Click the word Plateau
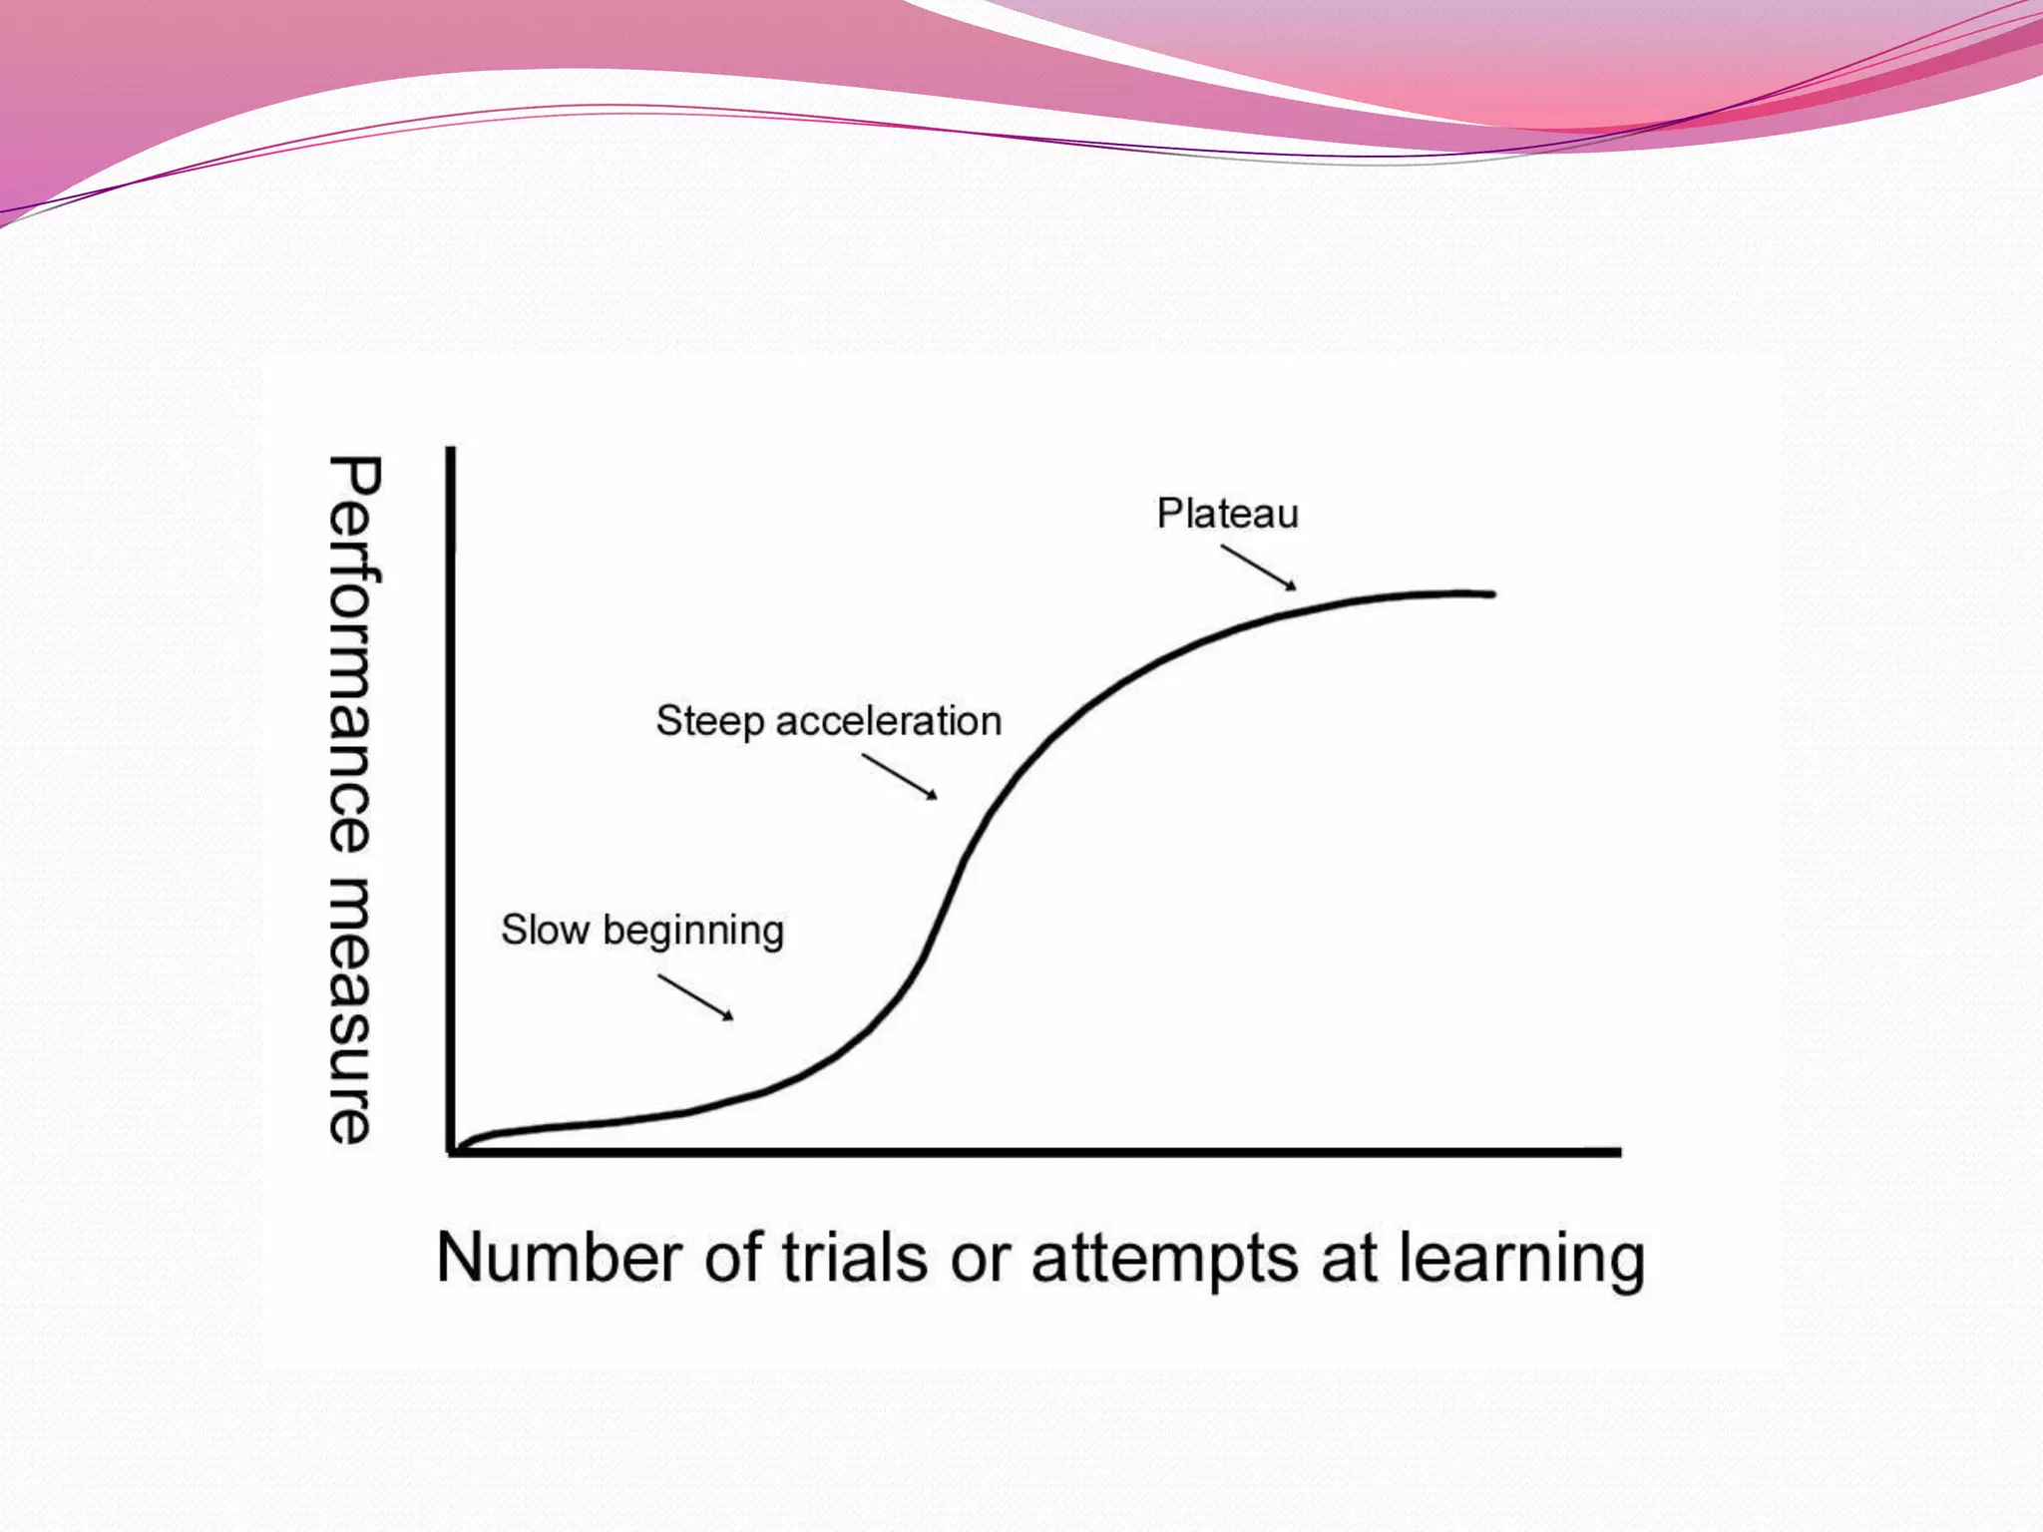1227,514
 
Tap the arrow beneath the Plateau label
1259,568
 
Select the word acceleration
888,721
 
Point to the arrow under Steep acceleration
900,777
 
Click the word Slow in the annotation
545,930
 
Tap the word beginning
693,932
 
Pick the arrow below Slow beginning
695,997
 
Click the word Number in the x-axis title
558,1258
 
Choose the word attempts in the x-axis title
1164,1260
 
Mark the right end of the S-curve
1491,593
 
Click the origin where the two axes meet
452,1152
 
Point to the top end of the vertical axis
451,451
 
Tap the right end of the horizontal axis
1617,1152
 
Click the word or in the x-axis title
980,1258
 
